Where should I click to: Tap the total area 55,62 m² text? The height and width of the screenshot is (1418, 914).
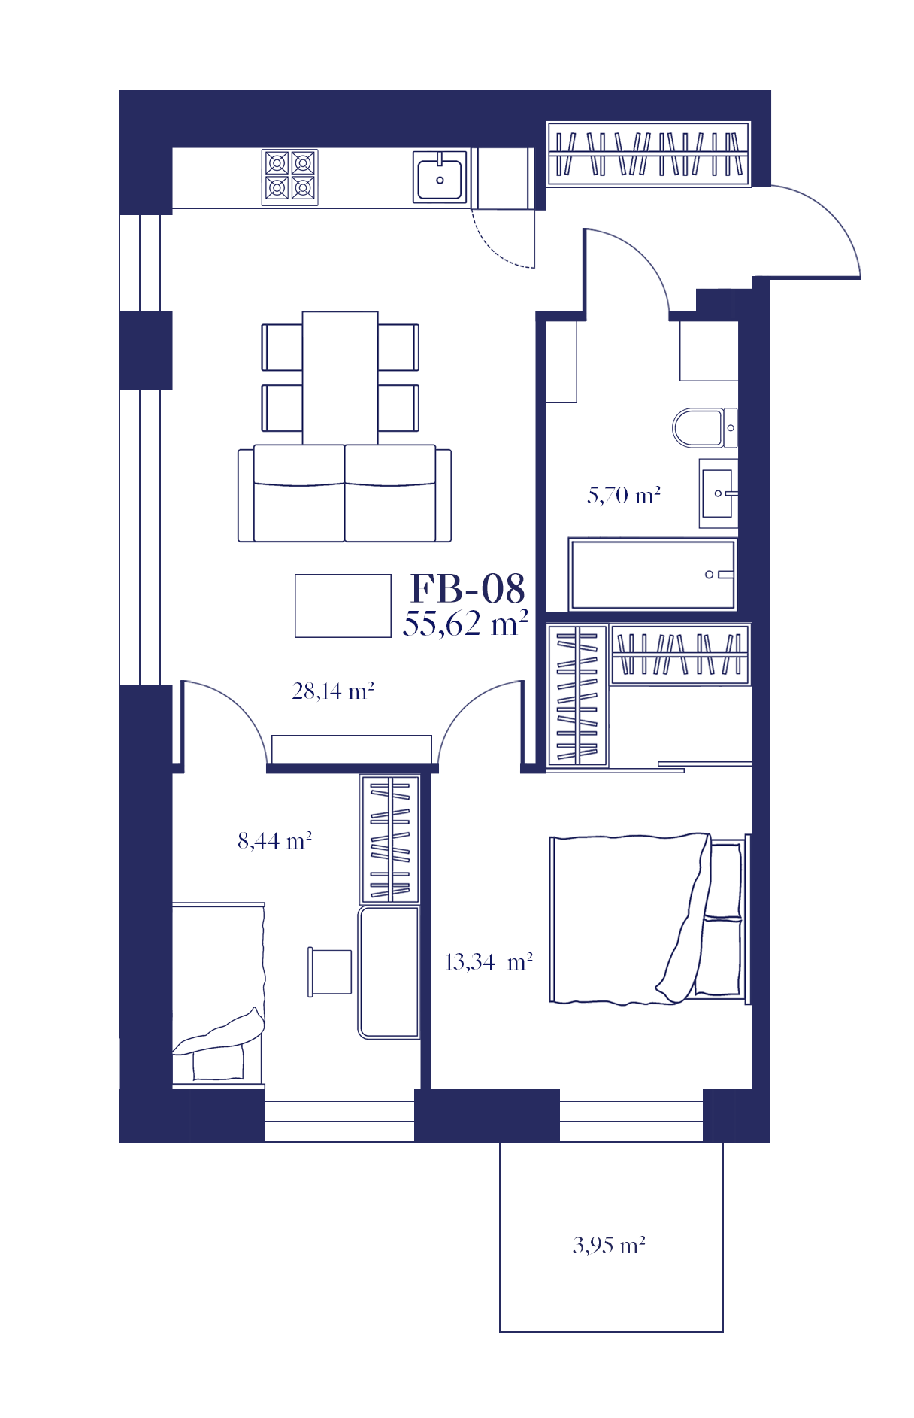pos(465,624)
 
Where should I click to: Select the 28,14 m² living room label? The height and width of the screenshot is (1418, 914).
pos(333,691)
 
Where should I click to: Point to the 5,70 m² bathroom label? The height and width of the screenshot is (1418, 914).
pos(624,495)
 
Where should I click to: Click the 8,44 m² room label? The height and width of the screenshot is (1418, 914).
pos(274,840)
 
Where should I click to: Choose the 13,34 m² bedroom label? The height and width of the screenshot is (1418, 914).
pos(489,962)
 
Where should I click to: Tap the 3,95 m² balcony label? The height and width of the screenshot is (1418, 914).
pos(609,1245)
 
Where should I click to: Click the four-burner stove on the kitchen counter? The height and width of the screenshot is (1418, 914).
pos(290,178)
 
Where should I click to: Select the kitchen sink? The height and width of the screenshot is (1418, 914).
pos(440,177)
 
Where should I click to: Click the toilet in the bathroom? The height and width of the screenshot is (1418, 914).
pos(705,427)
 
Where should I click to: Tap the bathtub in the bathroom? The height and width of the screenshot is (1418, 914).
pos(652,574)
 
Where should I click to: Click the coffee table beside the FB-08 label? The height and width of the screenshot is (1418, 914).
pos(343,606)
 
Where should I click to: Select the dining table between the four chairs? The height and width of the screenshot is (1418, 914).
pos(340,378)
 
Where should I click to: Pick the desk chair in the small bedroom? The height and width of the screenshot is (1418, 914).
pos(330,972)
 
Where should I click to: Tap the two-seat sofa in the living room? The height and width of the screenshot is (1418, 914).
pos(345,493)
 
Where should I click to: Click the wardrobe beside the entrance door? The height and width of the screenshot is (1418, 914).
pos(649,154)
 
